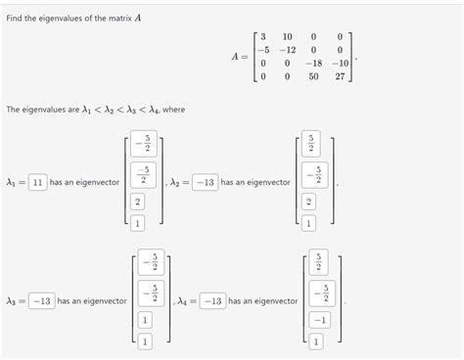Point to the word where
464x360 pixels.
click(x=173, y=109)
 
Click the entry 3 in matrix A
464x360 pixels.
click(x=263, y=36)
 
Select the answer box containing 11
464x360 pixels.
click(x=38, y=182)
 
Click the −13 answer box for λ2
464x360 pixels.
click(x=205, y=182)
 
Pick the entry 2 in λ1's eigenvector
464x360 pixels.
click(x=137, y=202)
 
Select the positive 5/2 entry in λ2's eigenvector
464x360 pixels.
click(x=310, y=144)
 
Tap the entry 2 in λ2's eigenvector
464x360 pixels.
click(x=310, y=202)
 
